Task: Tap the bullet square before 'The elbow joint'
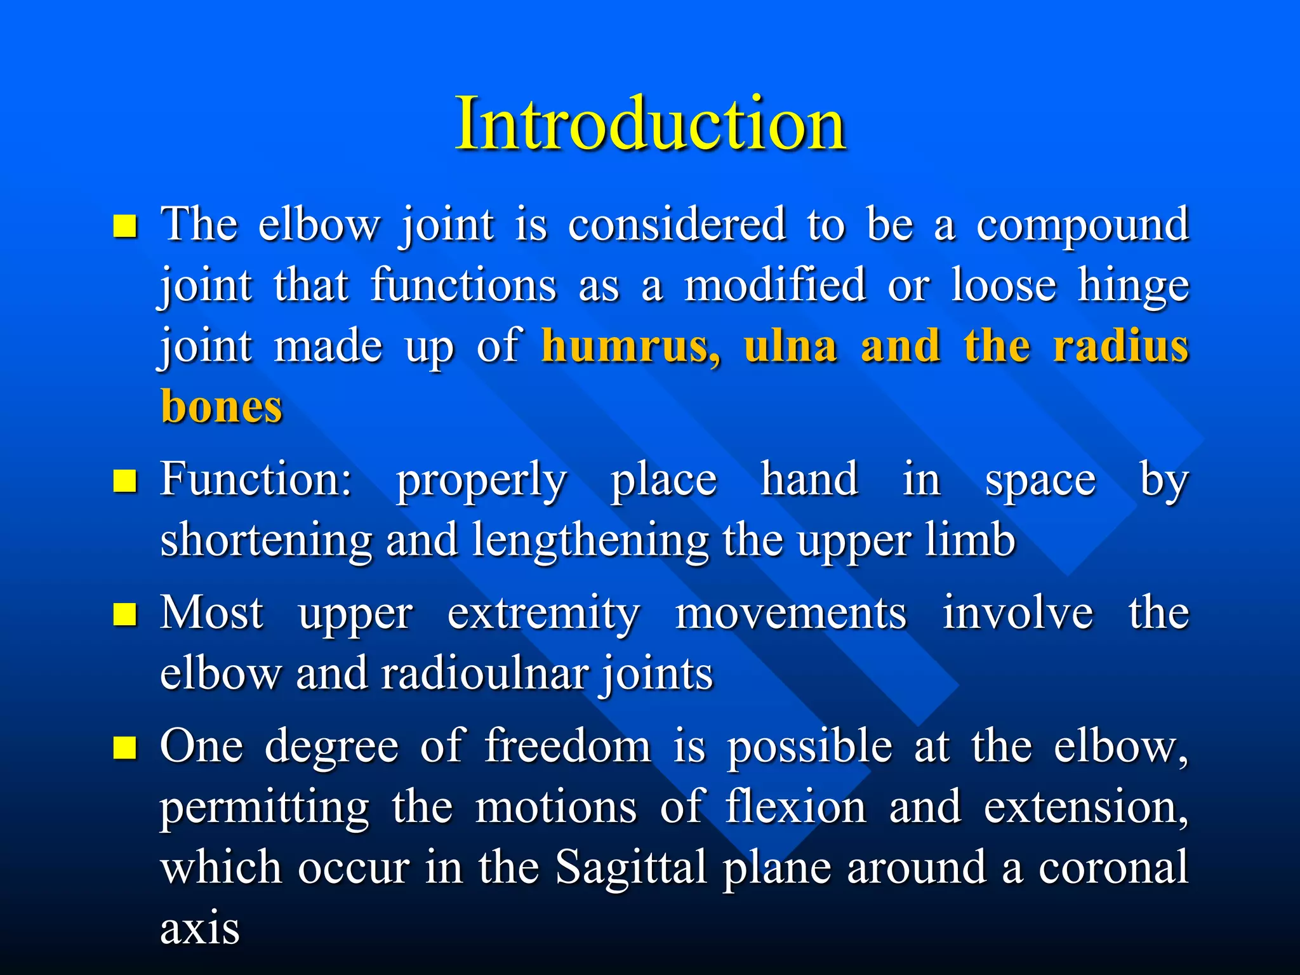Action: click(x=125, y=226)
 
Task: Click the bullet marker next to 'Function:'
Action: click(x=125, y=481)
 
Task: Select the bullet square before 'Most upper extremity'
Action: click(x=125, y=614)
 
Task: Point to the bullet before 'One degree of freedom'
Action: click(x=125, y=748)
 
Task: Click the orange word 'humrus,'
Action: click(x=632, y=347)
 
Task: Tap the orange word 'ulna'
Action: click(x=791, y=347)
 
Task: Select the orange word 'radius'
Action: click(x=1121, y=347)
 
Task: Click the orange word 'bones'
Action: click(x=222, y=407)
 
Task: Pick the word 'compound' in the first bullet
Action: click(x=1082, y=226)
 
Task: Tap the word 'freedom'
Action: click(x=568, y=746)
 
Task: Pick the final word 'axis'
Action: click(x=200, y=929)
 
